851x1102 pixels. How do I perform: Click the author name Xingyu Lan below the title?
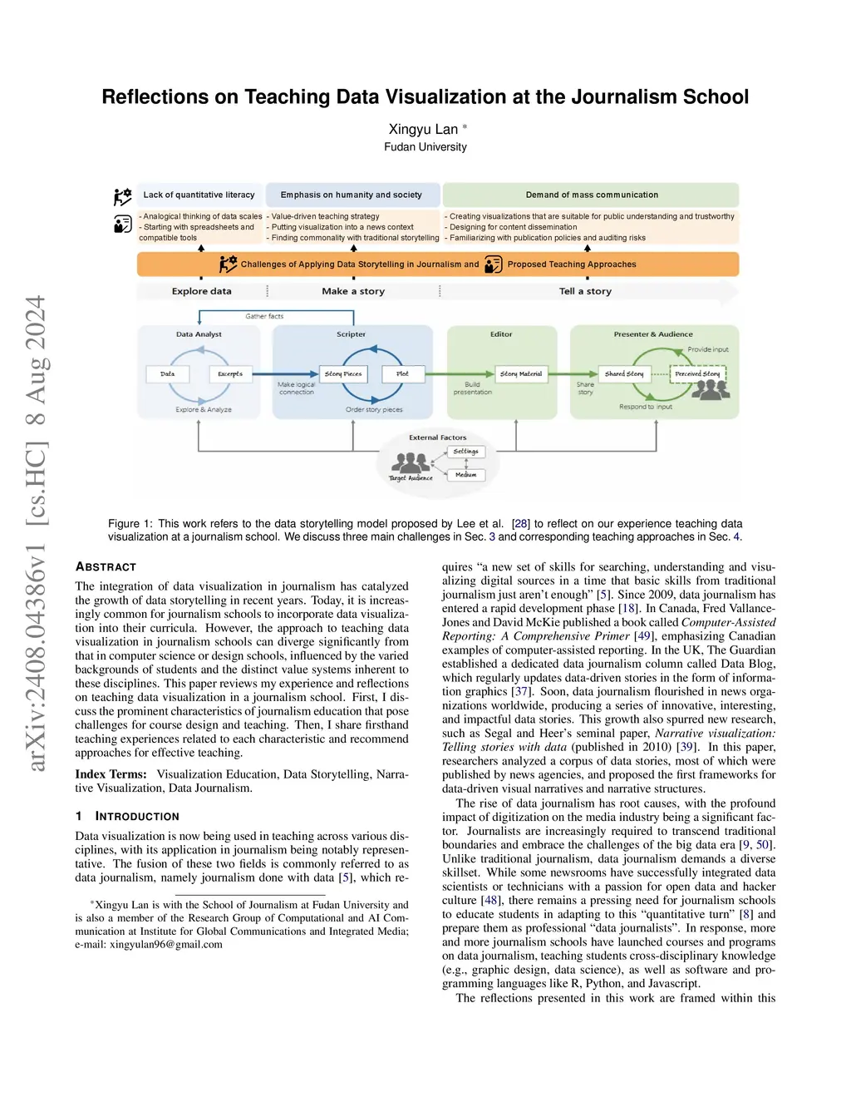[x=423, y=129]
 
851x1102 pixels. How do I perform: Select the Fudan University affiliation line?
[x=425, y=147]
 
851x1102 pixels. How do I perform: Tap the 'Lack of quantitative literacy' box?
[x=199, y=195]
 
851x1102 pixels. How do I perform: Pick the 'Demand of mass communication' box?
[x=591, y=195]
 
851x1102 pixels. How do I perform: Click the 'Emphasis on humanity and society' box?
[x=352, y=195]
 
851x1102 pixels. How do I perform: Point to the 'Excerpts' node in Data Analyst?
[x=230, y=374]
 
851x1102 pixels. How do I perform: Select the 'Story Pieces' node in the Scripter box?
[x=343, y=374]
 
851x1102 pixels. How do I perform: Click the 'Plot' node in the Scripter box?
[x=402, y=374]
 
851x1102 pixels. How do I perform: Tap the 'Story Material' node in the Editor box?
[x=521, y=374]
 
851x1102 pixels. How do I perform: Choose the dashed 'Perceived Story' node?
[x=697, y=374]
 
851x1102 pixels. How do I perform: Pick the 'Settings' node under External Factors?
[x=466, y=452]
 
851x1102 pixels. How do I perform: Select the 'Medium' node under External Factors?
[x=466, y=475]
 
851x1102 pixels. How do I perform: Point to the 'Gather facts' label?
[x=264, y=316]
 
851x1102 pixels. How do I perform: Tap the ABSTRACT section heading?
[x=106, y=567]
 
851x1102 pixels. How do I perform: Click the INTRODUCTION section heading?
[x=136, y=817]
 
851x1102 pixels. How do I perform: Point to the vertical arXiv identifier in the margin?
[x=35, y=532]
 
